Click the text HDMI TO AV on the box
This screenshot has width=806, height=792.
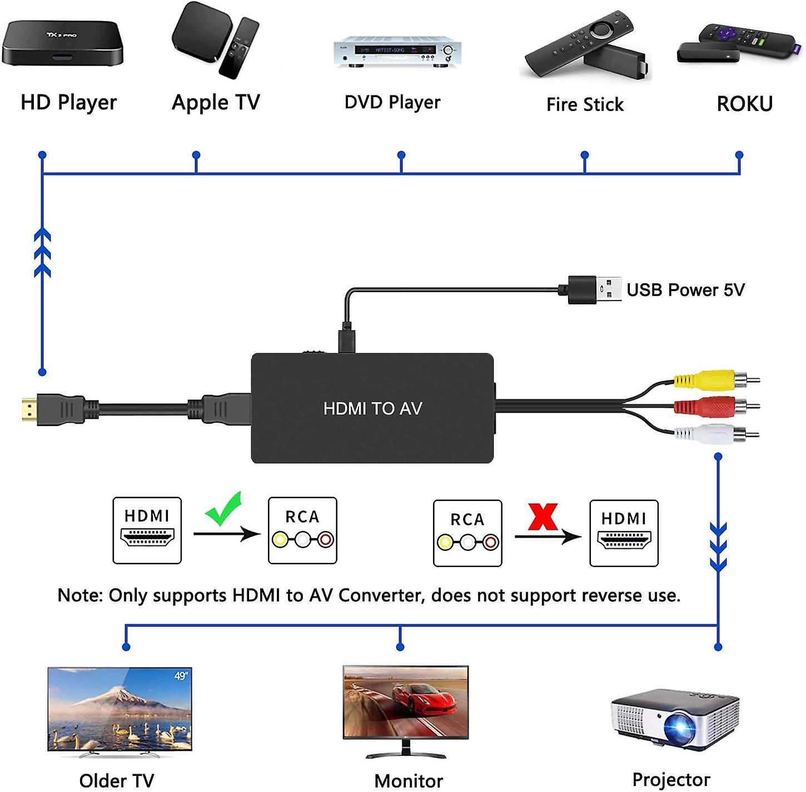(372, 409)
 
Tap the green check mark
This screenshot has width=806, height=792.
(223, 508)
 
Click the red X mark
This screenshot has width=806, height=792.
(543, 517)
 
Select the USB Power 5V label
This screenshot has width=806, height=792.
(685, 290)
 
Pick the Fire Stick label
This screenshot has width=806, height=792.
(585, 104)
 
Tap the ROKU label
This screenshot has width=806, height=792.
(744, 104)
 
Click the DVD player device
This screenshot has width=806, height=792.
(397, 51)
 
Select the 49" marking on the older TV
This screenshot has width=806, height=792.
(181, 676)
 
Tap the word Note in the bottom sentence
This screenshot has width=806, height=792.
(79, 595)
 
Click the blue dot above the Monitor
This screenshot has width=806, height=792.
(400, 647)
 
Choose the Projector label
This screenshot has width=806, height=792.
(671, 779)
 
